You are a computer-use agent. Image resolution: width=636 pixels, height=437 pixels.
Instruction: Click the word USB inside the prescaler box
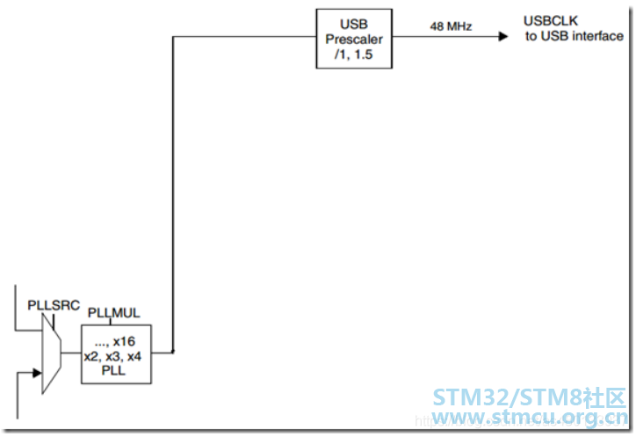pos(354,25)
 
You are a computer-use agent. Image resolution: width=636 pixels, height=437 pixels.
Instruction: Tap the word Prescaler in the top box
pos(354,40)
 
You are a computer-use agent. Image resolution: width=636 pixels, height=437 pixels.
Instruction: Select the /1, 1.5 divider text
pos(353,55)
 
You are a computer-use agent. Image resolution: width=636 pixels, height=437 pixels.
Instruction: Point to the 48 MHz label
pos(451,26)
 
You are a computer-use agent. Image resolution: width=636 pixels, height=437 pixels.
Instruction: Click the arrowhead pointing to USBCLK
pos(503,37)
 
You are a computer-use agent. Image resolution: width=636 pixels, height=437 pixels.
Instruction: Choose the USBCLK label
pos(551,21)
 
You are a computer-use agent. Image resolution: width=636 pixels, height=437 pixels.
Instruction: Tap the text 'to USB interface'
pos(575,36)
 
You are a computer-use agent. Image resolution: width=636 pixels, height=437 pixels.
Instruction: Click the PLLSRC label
pos(54,305)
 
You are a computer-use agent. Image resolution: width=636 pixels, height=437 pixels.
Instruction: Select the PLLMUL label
pos(114,313)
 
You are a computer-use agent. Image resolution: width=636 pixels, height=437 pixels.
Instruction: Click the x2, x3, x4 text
pos(112,357)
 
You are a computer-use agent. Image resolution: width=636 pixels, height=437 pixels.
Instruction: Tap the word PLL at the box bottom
pos(113,371)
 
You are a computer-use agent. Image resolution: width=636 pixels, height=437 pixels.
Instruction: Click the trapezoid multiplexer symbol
pos(52,353)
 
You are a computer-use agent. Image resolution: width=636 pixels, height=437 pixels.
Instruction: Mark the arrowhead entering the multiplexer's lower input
pos(37,373)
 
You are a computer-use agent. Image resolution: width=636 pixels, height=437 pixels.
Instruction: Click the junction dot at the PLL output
pos(173,352)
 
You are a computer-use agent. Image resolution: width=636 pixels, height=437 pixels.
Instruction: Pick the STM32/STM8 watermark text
pos(529,397)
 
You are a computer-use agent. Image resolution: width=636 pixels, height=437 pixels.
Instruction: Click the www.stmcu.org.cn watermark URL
pos(530,417)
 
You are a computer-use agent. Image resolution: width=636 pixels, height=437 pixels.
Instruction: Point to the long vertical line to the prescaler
pos(173,194)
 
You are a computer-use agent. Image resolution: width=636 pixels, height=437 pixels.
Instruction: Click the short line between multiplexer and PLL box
pos(71,353)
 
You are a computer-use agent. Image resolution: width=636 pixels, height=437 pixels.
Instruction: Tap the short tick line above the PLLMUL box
pos(110,322)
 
